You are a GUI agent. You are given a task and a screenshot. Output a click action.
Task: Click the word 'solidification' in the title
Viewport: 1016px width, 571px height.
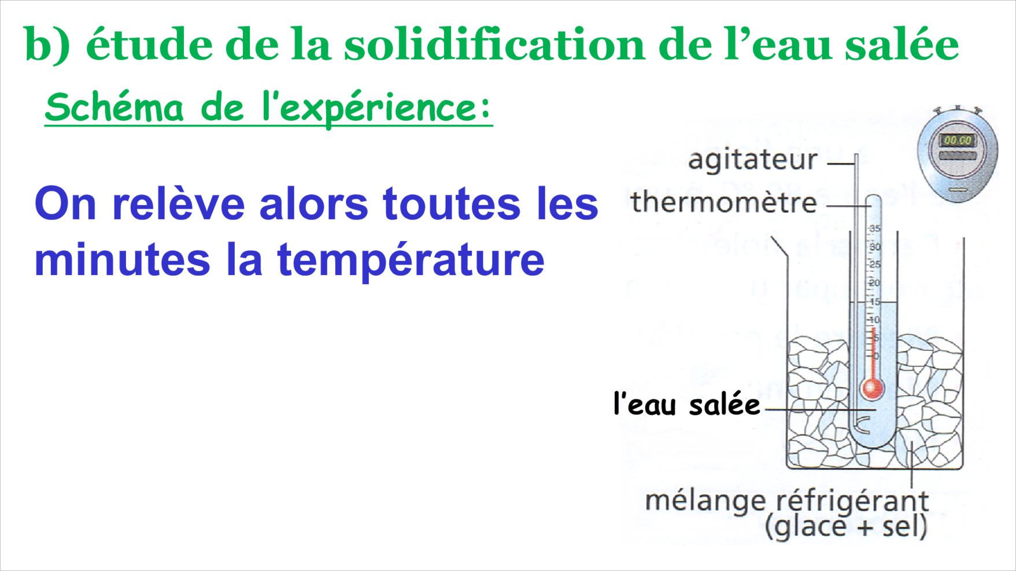click(494, 45)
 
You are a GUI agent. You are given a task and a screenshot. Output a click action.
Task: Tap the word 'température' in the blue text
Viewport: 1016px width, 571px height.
click(411, 261)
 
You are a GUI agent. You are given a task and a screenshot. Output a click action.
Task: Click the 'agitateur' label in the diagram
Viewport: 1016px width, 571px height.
click(752, 160)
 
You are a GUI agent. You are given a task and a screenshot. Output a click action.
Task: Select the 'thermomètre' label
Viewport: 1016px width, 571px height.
click(723, 202)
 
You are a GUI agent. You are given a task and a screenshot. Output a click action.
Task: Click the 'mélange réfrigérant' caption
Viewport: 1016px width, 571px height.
click(786, 500)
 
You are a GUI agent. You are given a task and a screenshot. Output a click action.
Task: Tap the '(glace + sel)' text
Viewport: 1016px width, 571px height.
click(846, 526)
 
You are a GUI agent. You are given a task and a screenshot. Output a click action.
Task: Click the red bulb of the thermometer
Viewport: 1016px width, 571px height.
click(872, 388)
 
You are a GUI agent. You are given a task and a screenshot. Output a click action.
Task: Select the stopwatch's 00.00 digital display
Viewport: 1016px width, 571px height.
click(958, 140)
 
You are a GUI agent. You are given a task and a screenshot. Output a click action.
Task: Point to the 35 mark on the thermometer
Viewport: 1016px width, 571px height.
click(874, 229)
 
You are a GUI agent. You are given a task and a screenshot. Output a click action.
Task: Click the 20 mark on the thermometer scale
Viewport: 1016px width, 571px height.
click(874, 283)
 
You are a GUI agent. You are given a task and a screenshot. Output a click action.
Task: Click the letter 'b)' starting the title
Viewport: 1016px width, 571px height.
click(47, 44)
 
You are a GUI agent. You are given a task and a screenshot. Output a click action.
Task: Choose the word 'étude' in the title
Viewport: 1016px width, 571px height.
click(150, 45)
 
